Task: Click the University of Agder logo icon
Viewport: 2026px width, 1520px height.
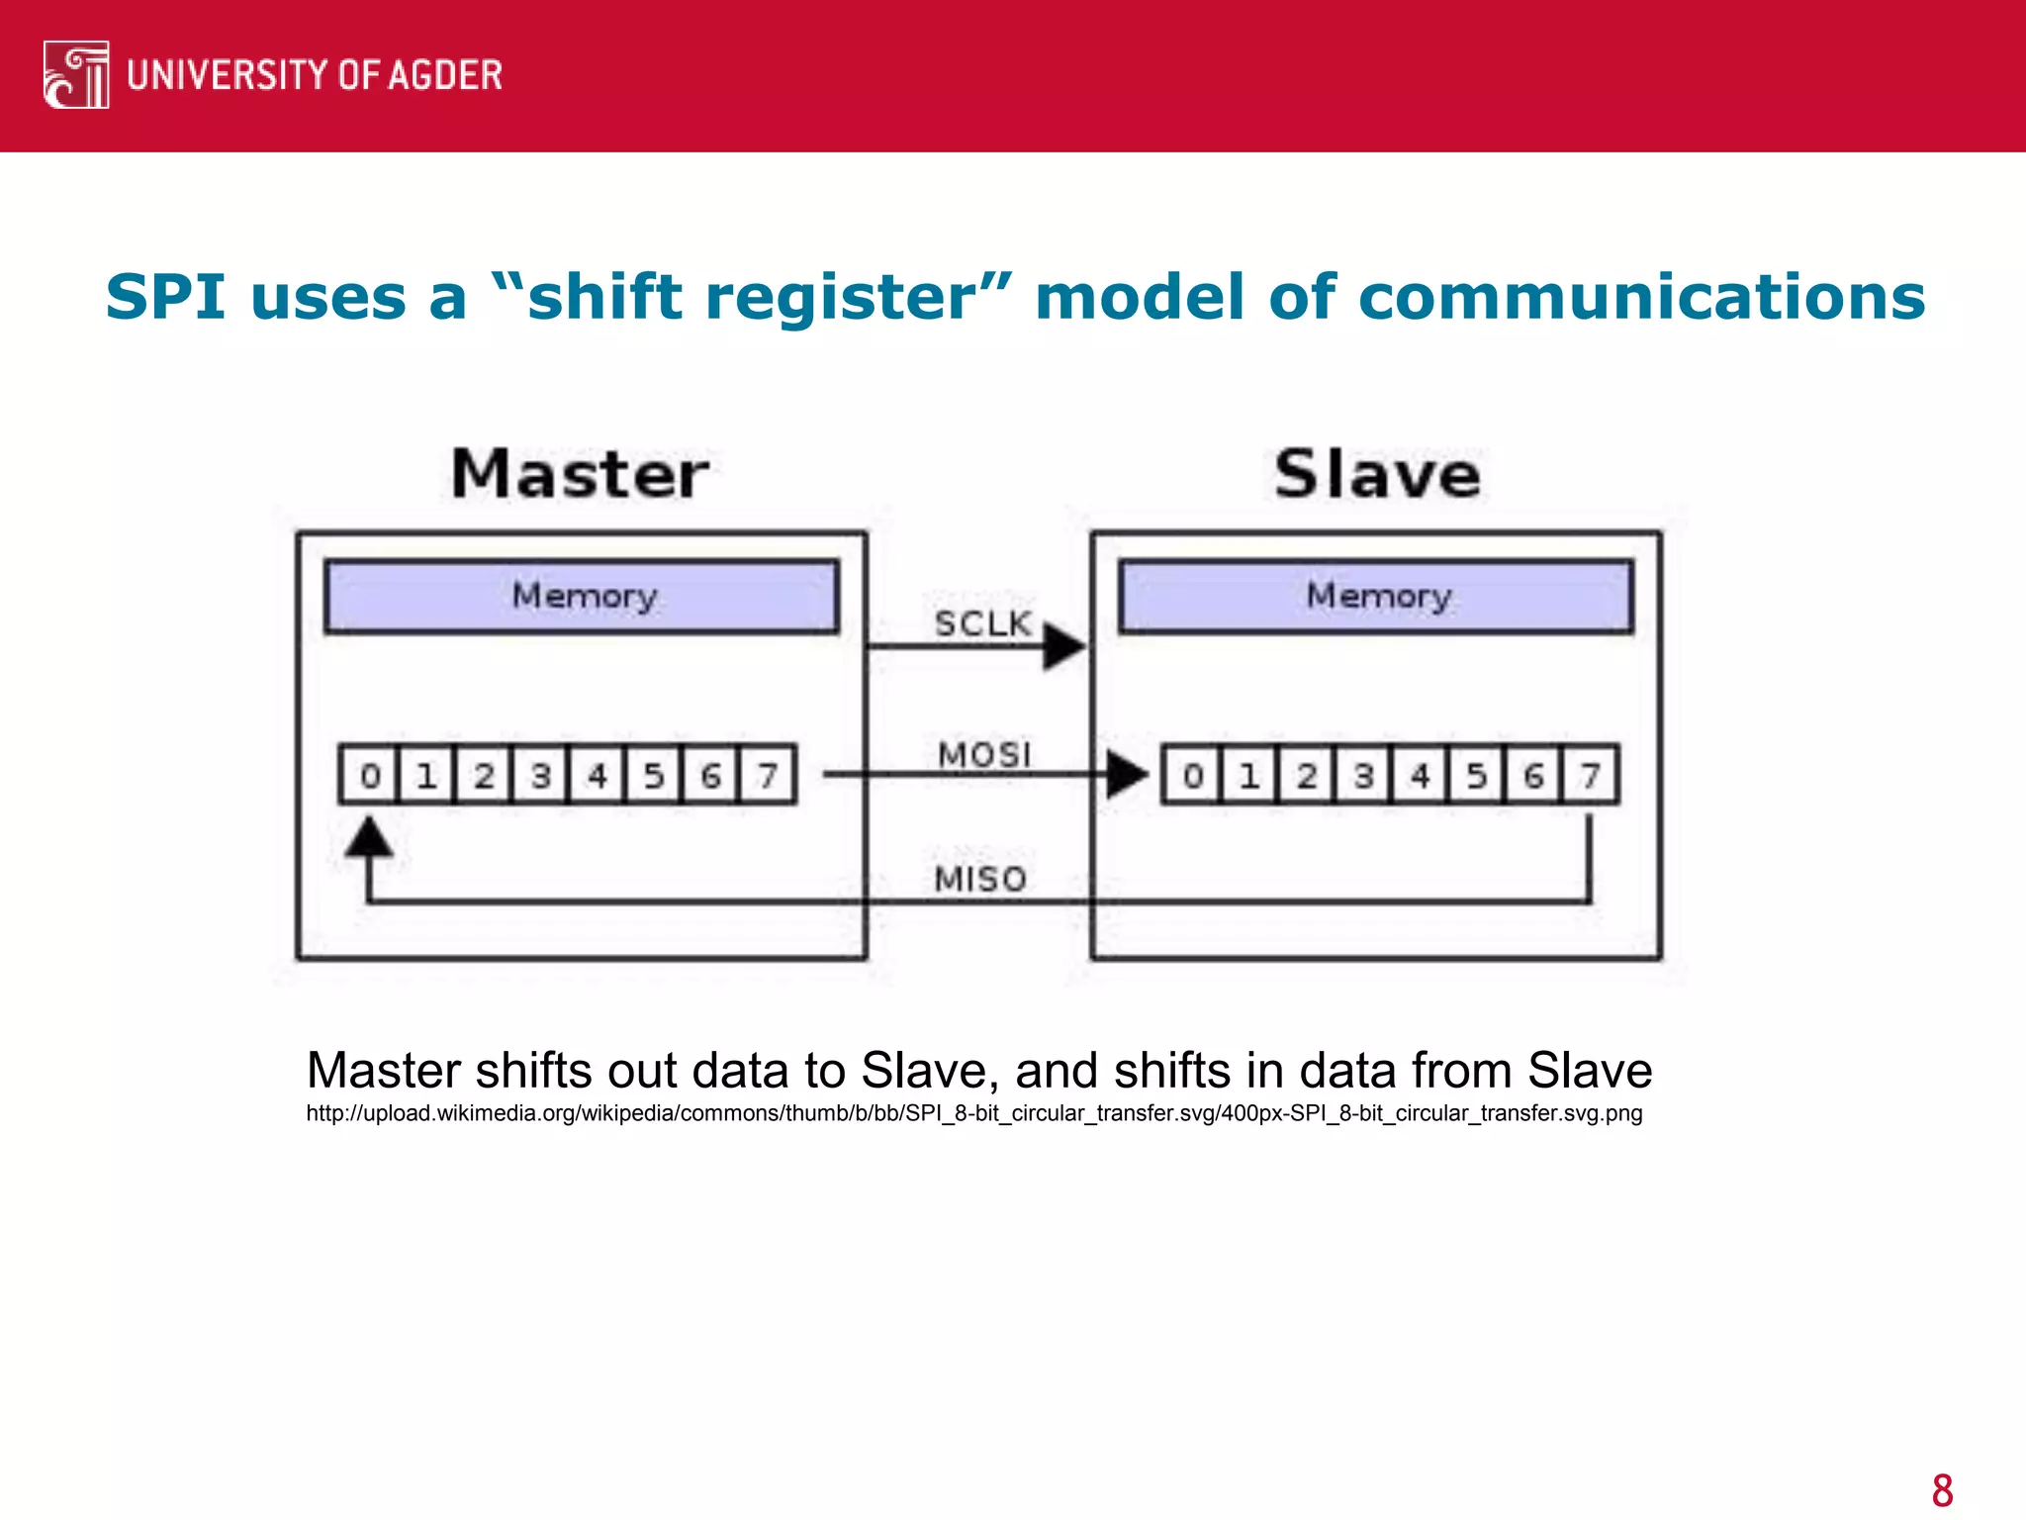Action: coord(76,75)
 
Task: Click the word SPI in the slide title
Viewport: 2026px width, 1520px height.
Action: coord(165,297)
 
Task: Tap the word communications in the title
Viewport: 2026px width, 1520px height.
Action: coord(1641,297)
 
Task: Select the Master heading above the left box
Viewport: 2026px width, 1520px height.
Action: coord(580,474)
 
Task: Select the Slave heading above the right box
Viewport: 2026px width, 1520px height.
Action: coord(1377,474)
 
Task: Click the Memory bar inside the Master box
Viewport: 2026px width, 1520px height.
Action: coord(582,597)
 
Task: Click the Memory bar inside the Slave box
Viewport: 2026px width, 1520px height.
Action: coord(1376,597)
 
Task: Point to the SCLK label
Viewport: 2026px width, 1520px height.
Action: coord(982,623)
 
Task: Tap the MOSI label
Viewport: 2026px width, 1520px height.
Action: coord(984,755)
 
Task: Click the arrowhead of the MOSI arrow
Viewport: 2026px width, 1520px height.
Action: coord(1127,774)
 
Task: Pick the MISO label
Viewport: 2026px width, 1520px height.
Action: coord(980,879)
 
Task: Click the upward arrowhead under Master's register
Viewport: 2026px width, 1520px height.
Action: coord(369,837)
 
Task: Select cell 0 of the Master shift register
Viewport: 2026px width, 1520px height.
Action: coord(369,775)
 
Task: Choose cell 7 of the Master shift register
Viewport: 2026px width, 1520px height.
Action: coord(768,775)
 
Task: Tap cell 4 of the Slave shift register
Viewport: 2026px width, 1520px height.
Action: coord(1420,775)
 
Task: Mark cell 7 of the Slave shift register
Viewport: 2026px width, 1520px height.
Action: coord(1590,775)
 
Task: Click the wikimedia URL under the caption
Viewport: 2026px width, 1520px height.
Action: coord(973,1113)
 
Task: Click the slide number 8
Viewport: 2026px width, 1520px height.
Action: coord(1942,1490)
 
